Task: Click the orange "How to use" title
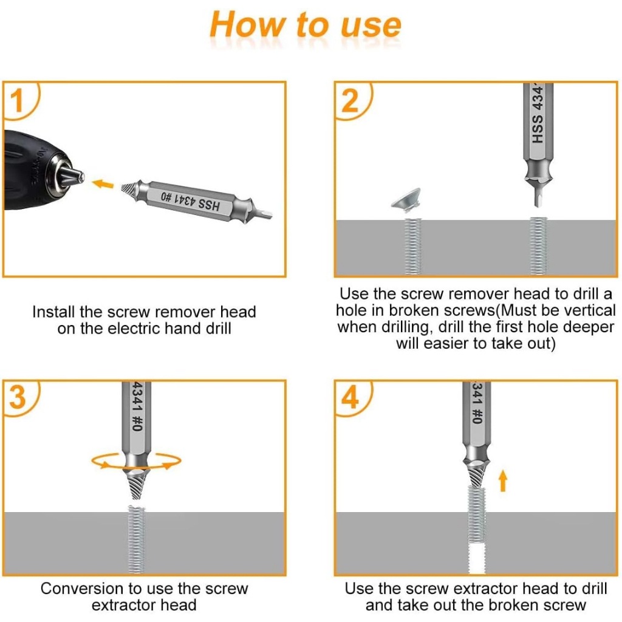click(306, 25)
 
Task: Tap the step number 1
click(16, 101)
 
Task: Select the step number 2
click(349, 101)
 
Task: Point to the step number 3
click(18, 397)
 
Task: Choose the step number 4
click(350, 397)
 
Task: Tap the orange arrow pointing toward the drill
click(103, 184)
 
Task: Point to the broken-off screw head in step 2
click(406, 199)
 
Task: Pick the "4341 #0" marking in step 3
click(137, 406)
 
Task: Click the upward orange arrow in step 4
click(503, 481)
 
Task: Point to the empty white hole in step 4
click(477, 559)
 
